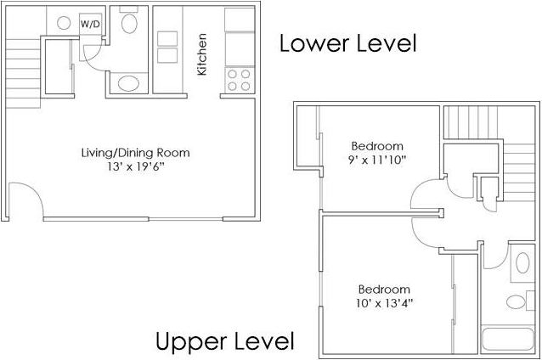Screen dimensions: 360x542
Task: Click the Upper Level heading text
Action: [x=225, y=341]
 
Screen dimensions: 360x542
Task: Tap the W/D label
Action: [x=90, y=24]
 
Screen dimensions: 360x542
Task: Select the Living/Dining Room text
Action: [x=135, y=153]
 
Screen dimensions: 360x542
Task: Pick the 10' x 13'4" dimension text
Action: [x=384, y=302]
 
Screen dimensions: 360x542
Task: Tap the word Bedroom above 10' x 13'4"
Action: [x=384, y=289]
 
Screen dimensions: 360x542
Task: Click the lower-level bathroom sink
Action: [x=128, y=83]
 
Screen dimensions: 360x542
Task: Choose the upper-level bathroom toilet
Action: [x=514, y=301]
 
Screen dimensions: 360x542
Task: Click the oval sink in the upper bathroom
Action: [x=522, y=262]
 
